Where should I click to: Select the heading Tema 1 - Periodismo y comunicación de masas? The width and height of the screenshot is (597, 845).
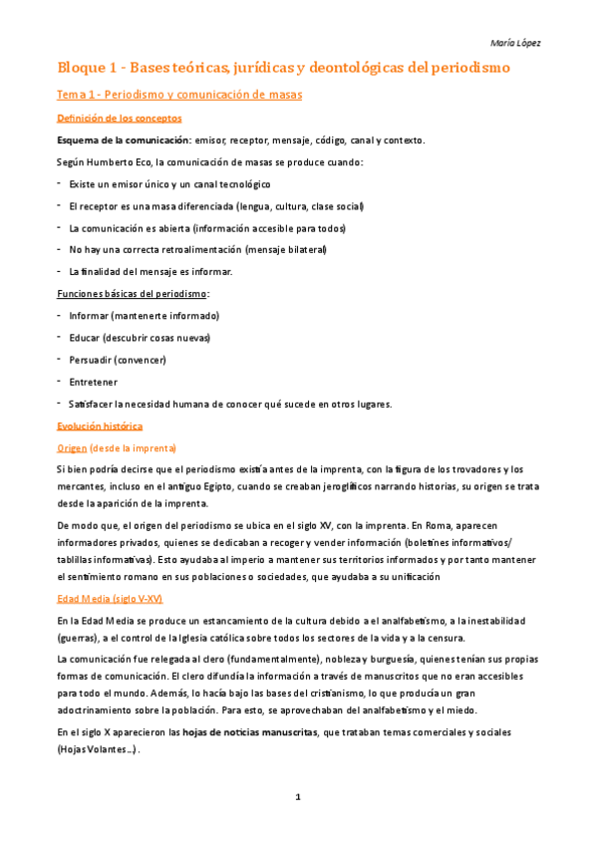[x=178, y=95]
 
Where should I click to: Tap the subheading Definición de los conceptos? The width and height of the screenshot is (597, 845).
[x=119, y=118]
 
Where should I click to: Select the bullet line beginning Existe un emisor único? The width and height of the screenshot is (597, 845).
[x=169, y=183]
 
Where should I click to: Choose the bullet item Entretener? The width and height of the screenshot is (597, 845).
[x=93, y=381]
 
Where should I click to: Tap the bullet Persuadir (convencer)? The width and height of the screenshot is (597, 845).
[x=118, y=359]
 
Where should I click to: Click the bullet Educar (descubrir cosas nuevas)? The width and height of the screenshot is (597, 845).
[x=140, y=337]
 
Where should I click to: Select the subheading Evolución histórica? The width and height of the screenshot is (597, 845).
[x=100, y=424]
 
